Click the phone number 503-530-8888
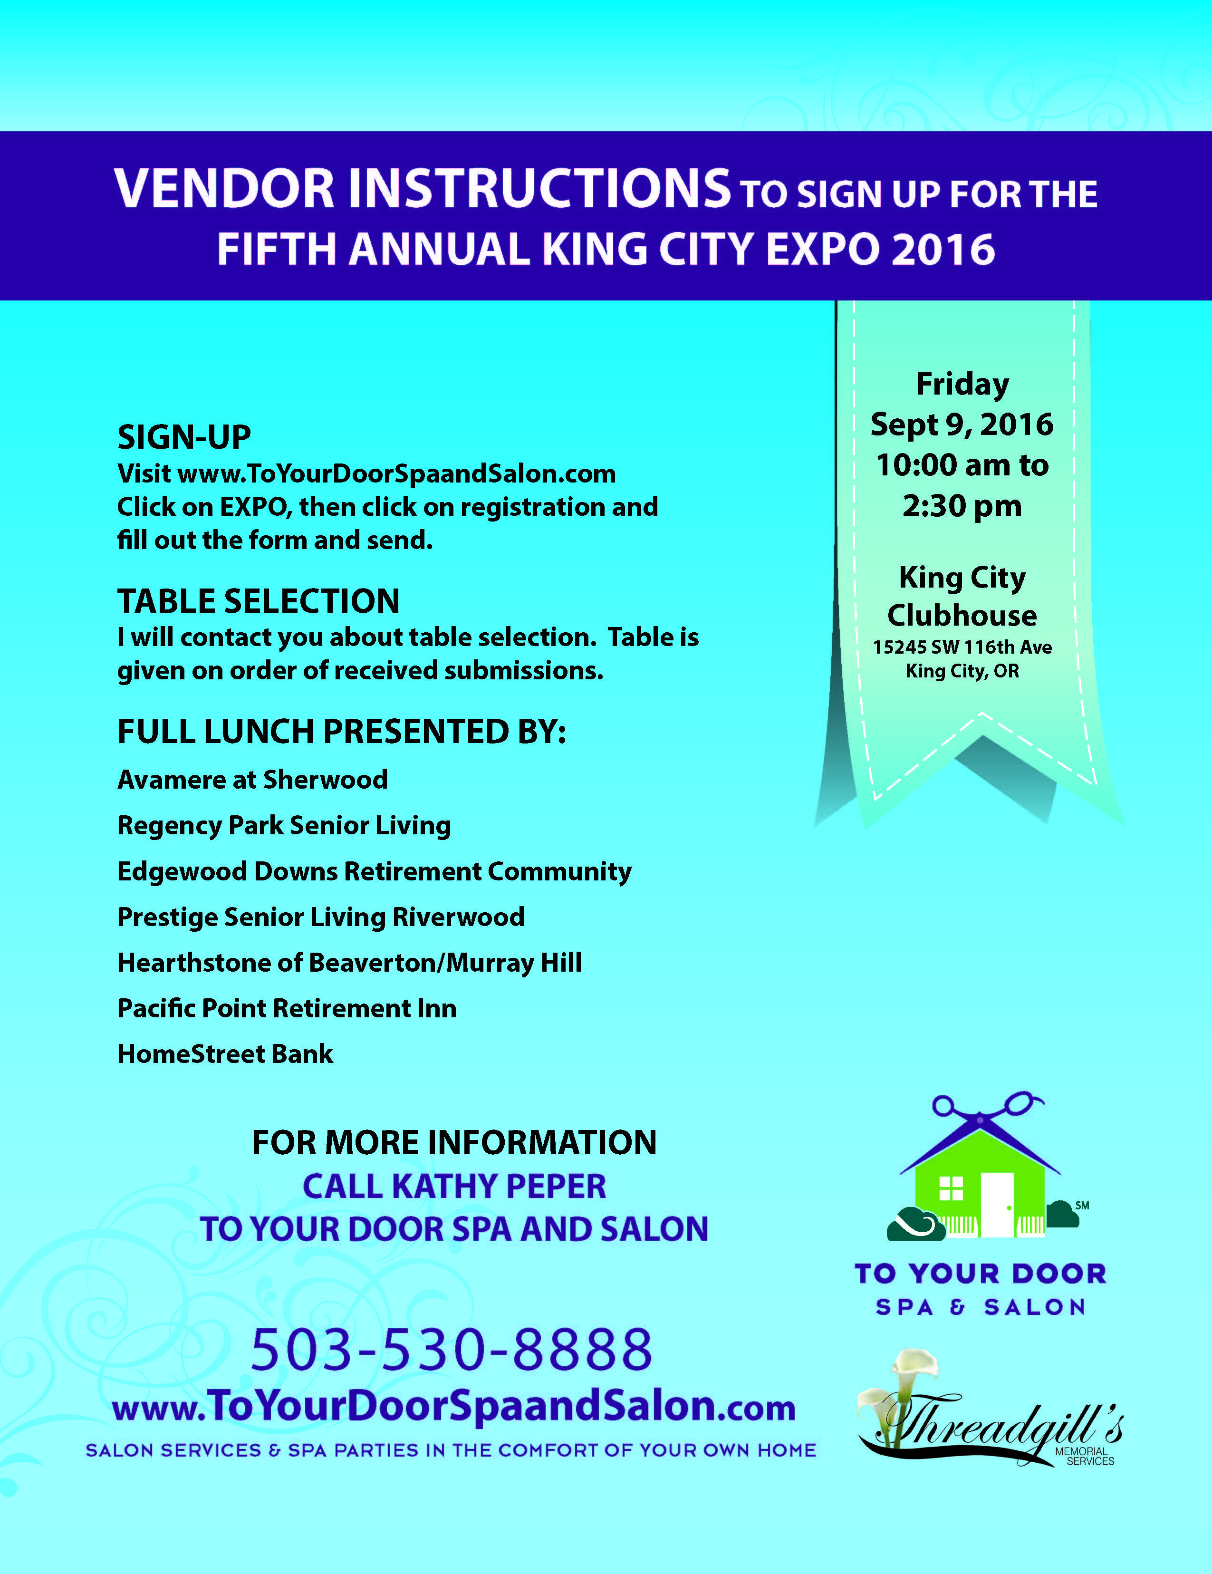[452, 1348]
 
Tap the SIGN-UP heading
[184, 437]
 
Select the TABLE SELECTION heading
[258, 600]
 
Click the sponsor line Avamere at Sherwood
[252, 779]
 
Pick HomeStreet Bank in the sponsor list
[225, 1053]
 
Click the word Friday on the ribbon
[962, 384]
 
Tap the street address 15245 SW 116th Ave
[962, 647]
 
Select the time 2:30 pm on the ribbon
[962, 506]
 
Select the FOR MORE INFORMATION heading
[454, 1143]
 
